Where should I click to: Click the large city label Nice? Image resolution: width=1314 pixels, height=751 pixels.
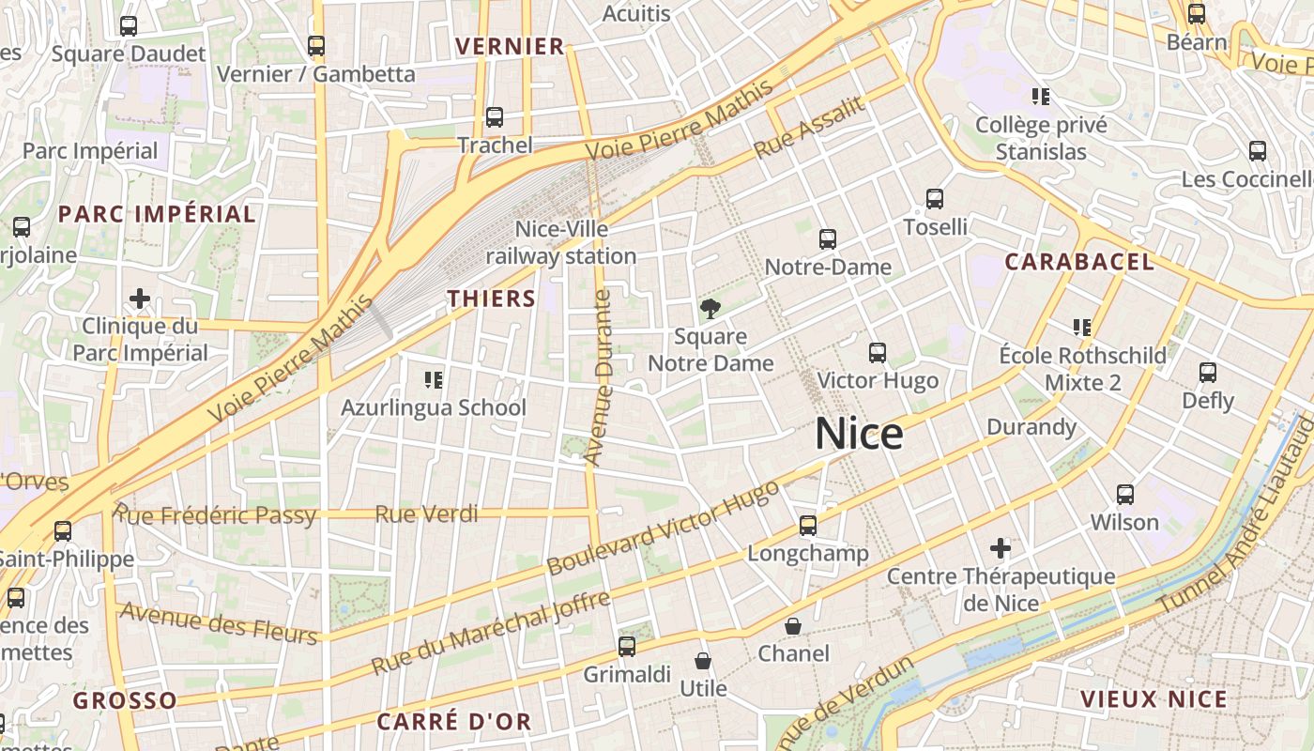[859, 434]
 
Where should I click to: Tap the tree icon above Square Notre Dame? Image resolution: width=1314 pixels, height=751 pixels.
[710, 308]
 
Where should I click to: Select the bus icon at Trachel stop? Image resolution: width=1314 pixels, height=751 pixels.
[495, 117]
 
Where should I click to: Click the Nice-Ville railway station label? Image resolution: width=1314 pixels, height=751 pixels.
[561, 242]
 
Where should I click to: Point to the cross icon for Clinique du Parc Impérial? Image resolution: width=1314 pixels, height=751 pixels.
[140, 299]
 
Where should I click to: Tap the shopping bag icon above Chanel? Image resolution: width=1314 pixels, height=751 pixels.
[793, 625]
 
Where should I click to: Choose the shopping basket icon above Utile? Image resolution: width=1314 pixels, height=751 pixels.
[703, 661]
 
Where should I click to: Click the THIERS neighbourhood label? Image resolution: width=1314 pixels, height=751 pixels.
[491, 299]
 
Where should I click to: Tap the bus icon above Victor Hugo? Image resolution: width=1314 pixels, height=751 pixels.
[878, 353]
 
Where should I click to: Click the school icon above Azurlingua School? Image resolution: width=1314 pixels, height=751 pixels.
[434, 379]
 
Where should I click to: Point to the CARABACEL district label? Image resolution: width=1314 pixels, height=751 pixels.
[1079, 262]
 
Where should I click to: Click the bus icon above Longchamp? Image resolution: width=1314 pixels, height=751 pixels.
[808, 526]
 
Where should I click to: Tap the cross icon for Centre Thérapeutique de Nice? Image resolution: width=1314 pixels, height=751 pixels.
[1001, 547]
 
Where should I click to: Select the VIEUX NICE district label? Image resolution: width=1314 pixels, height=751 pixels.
[1154, 699]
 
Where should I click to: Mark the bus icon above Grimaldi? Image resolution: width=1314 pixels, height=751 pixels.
[627, 646]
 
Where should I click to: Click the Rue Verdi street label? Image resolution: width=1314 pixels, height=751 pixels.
[426, 513]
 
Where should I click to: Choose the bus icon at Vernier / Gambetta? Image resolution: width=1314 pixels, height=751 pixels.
[316, 45]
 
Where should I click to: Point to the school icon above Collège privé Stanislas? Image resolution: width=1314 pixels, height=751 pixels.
[1040, 96]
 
